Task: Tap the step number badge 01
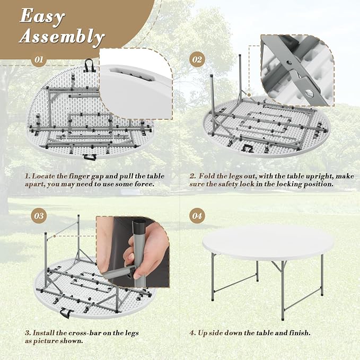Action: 39,60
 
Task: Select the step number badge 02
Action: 197,60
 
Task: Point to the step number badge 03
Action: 39,216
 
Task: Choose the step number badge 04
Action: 197,216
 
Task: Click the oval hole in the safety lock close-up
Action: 310,92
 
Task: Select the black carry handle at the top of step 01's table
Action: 89,65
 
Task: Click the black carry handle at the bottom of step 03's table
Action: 66,312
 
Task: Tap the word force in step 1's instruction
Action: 145,184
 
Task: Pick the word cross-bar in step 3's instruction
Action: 81,333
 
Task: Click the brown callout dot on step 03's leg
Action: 55,236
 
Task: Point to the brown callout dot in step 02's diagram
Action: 249,95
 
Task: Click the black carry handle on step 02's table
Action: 247,148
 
